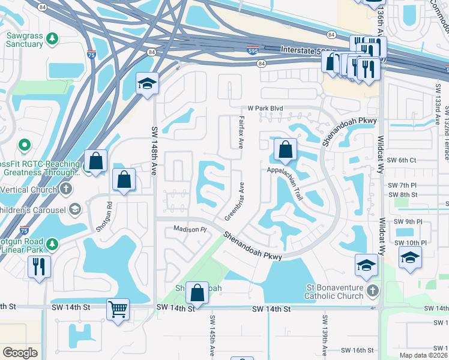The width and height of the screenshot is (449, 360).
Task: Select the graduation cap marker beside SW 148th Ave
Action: pyautogui.click(x=146, y=85)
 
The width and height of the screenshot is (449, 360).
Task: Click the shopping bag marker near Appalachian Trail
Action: pyautogui.click(x=286, y=150)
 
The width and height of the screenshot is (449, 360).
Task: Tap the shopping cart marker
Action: pyautogui.click(x=118, y=310)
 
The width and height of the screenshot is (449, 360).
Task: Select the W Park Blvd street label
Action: pyautogui.click(x=264, y=109)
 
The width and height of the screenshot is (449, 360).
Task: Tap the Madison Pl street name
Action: pyautogui.click(x=190, y=229)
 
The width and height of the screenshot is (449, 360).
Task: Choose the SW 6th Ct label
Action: pyautogui.click(x=402, y=160)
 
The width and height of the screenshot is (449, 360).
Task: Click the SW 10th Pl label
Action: pyautogui.click(x=410, y=242)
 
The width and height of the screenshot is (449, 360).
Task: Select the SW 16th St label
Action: pyautogui.click(x=357, y=350)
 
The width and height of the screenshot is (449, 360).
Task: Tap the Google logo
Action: pyautogui.click(x=20, y=353)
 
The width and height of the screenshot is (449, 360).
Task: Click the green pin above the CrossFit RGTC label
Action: pyautogui.click(x=25, y=145)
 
